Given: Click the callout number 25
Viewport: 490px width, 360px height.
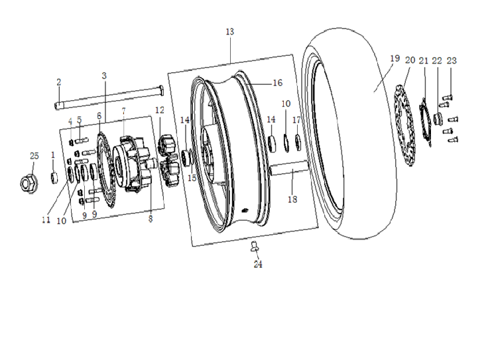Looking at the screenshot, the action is point(34,156).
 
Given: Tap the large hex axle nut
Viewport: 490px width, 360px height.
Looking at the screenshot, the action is point(29,184).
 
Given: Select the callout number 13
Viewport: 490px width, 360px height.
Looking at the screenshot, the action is point(229,32).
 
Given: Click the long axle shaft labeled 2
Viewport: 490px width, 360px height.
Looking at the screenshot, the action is point(109,97).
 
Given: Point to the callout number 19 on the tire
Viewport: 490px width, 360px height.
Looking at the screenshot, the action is point(395,58).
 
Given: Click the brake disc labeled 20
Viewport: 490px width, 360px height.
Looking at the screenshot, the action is point(403,125).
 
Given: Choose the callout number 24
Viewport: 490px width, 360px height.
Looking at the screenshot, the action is point(258,265).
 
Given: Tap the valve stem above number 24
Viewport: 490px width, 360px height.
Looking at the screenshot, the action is point(255,245).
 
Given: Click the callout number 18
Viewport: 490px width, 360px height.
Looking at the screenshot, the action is point(292,200).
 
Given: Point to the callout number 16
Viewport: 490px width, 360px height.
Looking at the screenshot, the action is point(278,83).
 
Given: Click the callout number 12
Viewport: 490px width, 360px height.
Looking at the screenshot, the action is point(159,110).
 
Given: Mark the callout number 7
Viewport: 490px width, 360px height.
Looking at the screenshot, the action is point(123,111).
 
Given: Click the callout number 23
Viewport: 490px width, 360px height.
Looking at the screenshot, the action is point(452,60).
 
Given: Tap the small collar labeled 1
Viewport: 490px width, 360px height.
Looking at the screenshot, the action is point(54,178).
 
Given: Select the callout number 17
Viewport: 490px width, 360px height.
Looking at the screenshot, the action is point(296,120).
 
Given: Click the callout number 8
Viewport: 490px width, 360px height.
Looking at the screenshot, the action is point(151,219).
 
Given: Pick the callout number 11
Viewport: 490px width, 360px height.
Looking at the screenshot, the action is point(46,220).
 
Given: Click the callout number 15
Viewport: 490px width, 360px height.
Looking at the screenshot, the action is point(192,178).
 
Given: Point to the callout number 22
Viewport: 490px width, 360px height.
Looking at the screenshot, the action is point(437,60).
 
